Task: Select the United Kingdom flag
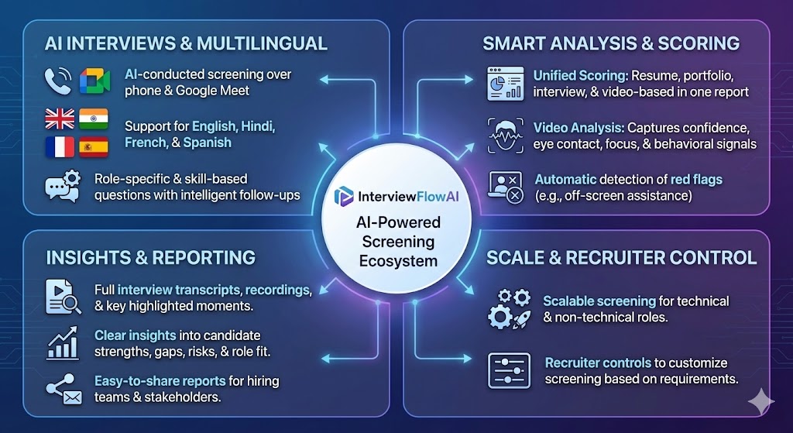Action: [60, 119]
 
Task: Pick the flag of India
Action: [94, 119]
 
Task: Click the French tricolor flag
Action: [60, 146]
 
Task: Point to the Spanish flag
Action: [94, 146]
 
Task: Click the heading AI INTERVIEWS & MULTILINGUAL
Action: [186, 43]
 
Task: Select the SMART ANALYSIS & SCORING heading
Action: [611, 43]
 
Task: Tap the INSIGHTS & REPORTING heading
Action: [150, 257]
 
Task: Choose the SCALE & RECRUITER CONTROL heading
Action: [621, 257]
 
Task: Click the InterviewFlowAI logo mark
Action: [344, 197]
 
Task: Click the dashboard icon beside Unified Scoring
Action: [505, 84]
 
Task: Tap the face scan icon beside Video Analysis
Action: [505, 135]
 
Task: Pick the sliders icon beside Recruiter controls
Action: [509, 370]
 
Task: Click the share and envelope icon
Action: [64, 389]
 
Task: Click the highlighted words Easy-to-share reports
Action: [160, 381]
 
